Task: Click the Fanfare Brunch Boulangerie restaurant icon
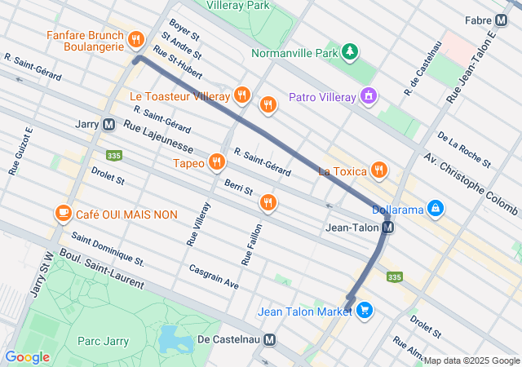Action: tap(135, 38)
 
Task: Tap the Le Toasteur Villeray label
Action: tap(180, 97)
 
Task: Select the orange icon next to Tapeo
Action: tap(216, 161)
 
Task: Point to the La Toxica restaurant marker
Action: tap(378, 170)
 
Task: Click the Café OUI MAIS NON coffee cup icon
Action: tap(63, 214)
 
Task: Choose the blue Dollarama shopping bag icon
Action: tap(436, 210)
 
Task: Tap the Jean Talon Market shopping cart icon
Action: tap(364, 310)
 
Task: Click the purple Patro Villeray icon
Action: tap(369, 97)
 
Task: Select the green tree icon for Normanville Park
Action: tap(350, 53)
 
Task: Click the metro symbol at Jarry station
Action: tap(108, 125)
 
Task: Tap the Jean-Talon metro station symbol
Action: tap(388, 228)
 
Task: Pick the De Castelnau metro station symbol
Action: tap(269, 339)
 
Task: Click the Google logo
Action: tap(27, 357)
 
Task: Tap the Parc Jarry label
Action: tap(101, 340)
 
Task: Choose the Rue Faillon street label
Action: tap(249, 244)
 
